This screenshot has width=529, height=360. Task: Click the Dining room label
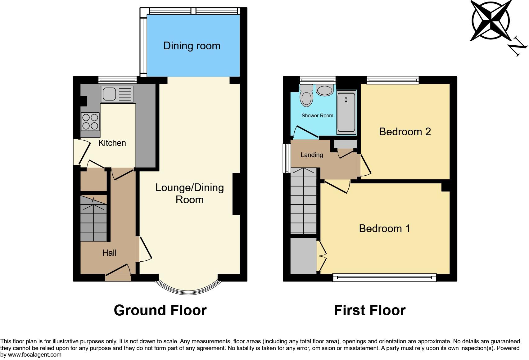192,46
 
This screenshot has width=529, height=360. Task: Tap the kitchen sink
117,94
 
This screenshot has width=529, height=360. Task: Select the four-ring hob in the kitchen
90,121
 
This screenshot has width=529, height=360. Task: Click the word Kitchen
112,143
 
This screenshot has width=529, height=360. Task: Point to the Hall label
109,253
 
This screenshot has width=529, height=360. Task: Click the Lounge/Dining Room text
189,194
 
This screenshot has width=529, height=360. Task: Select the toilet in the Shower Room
306,95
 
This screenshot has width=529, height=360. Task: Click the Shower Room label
317,116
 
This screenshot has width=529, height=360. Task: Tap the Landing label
312,155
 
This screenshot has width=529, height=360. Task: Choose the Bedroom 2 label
405,132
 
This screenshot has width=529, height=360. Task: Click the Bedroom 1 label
384,229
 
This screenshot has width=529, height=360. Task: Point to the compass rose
491,20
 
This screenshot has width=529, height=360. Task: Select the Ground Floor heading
160,310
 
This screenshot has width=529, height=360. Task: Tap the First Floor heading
369,310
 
